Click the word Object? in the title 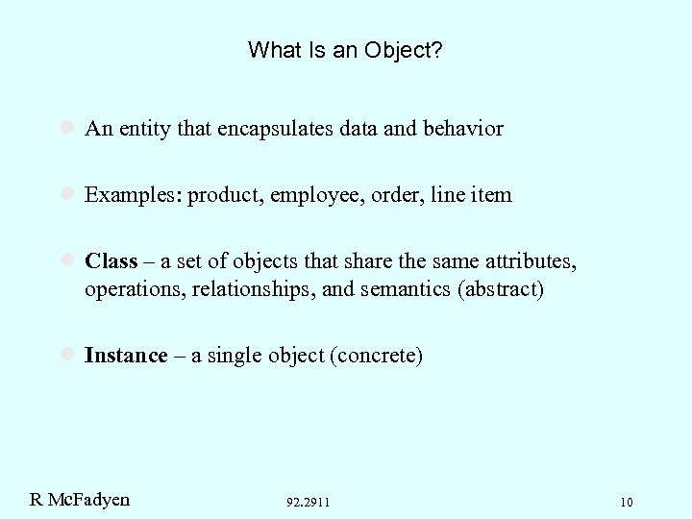(x=402, y=50)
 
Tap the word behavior (x=464, y=129)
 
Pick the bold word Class (x=111, y=261)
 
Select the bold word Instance (x=126, y=356)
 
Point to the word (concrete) (x=376, y=356)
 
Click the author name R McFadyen (x=80, y=499)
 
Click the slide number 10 (x=627, y=502)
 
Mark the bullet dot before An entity (x=68, y=128)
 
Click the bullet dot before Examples (x=68, y=194)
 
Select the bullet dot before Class (x=68, y=260)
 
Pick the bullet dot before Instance (x=68, y=355)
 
